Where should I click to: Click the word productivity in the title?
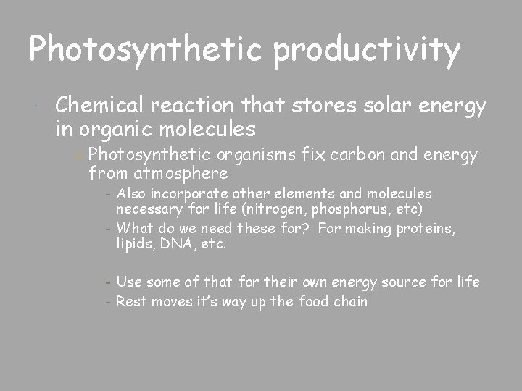pyautogui.click(x=368, y=50)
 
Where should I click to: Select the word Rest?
pyautogui.click(x=131, y=301)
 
